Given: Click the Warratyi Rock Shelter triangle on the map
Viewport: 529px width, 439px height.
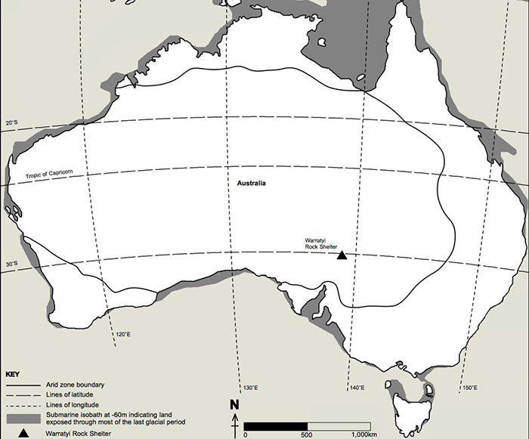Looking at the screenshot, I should click(x=342, y=255).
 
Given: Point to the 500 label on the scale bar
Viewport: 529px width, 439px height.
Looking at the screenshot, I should click(x=306, y=434).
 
